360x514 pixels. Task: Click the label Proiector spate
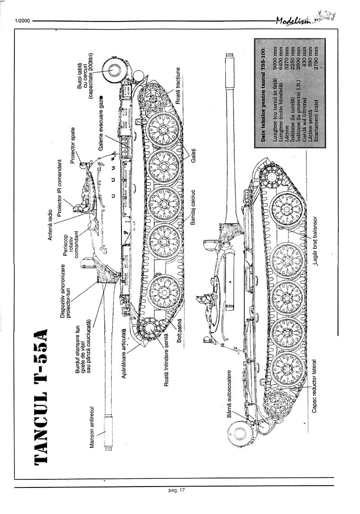point(73,148)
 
